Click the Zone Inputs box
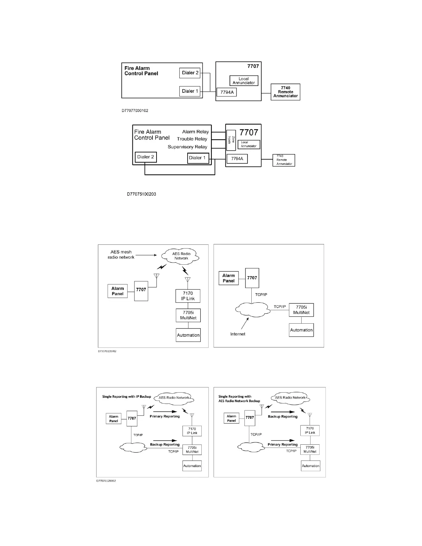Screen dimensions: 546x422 click(231, 140)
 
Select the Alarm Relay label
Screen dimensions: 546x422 click(195, 132)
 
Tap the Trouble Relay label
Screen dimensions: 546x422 click(192, 139)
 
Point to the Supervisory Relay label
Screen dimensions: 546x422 click(187, 147)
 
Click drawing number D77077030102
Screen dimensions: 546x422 click(135, 111)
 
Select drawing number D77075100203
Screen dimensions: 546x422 click(141, 194)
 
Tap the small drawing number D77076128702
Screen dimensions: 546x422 click(107, 351)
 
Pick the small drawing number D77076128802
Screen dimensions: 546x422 click(107, 481)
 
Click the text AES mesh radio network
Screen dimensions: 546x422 click(121, 254)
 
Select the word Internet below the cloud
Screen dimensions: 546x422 click(238, 334)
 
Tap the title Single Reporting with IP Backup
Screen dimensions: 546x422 click(127, 397)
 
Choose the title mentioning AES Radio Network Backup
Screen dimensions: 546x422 click(239, 399)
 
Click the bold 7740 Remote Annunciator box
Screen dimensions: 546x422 click(285, 92)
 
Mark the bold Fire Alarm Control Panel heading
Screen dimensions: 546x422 click(141, 71)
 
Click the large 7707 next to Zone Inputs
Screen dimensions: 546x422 click(249, 132)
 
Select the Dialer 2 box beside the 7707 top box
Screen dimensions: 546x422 click(190, 73)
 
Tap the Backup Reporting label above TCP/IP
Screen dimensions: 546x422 click(165, 445)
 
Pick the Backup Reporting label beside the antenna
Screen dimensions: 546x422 click(282, 417)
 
